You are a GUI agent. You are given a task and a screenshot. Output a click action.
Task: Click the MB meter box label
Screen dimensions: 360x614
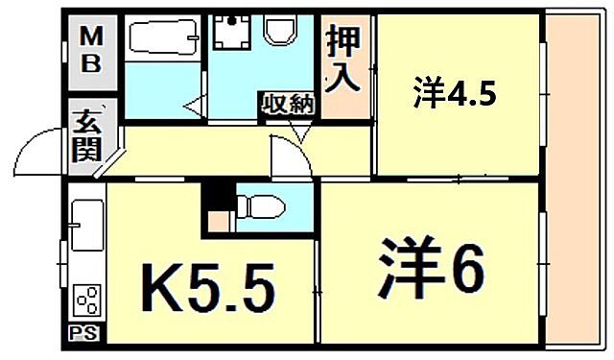coord(94,52)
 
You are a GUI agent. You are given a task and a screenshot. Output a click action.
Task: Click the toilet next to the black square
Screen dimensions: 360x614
coord(257,204)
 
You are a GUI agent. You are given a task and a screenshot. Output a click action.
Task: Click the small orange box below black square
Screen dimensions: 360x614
coord(219,222)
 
